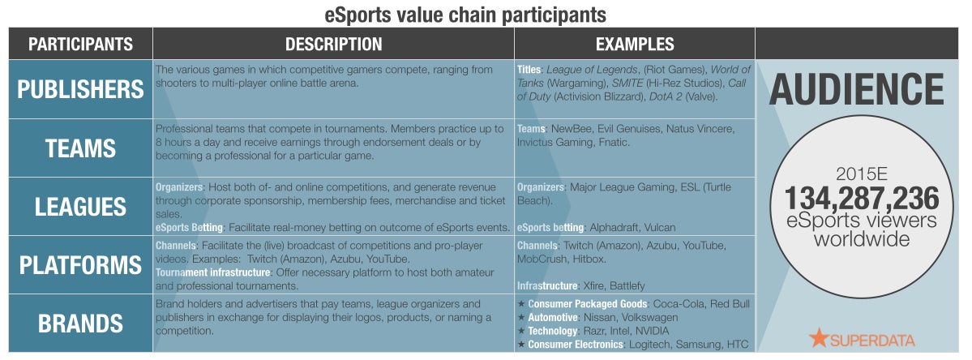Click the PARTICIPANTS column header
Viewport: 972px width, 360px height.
80,44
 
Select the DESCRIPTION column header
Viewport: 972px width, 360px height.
333,44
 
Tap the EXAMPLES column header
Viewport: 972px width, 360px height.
635,44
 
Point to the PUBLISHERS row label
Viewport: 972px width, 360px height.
80,90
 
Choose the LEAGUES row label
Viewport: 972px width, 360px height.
80,207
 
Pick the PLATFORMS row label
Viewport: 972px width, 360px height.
80,265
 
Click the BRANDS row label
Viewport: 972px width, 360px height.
80,324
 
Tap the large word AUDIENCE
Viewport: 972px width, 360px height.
856,90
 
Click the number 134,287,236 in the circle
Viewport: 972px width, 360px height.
862,199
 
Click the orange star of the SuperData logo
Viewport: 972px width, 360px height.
819,337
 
